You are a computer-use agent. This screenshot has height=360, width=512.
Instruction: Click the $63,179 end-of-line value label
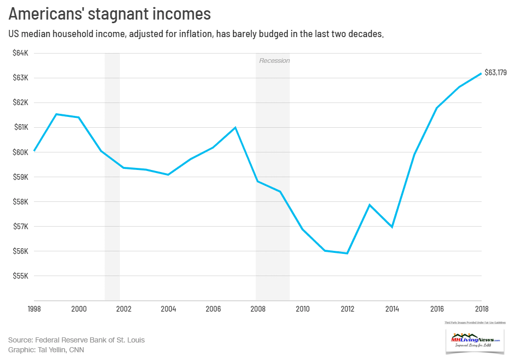(x=496, y=73)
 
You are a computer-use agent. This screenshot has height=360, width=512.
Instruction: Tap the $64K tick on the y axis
(x=21, y=53)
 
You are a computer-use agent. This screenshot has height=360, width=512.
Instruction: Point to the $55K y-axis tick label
(x=21, y=276)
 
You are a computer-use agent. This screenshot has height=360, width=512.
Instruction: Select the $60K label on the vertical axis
(x=21, y=152)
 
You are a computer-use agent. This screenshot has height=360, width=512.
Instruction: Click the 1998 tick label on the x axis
(x=34, y=309)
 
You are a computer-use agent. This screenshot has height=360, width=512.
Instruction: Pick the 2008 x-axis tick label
(x=258, y=309)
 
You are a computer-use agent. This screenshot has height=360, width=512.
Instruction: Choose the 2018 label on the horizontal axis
(x=481, y=309)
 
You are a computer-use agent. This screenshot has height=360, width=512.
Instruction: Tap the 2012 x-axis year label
(x=347, y=309)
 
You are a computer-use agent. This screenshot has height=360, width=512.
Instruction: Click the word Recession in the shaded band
(x=274, y=61)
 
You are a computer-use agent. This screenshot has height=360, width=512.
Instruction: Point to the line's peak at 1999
(x=56, y=114)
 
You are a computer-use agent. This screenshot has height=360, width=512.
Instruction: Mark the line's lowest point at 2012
(x=347, y=253)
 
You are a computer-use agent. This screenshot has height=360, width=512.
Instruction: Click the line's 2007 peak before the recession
(x=235, y=127)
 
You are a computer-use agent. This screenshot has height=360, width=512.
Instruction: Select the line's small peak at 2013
(x=369, y=205)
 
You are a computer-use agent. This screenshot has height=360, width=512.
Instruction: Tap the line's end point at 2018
(x=481, y=73)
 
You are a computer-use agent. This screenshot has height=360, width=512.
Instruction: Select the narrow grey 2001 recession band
(x=112, y=175)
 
